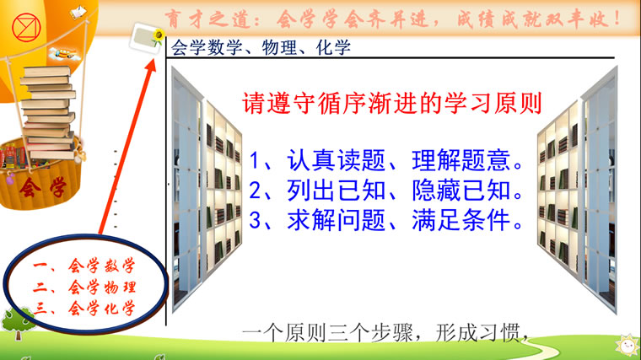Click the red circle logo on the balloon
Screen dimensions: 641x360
click(26, 28)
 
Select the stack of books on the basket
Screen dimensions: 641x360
click(49, 112)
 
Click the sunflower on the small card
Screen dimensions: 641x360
click(159, 35)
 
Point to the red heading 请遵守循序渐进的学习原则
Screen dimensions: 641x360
click(392, 103)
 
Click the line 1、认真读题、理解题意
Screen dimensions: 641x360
click(386, 160)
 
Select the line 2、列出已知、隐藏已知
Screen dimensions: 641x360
click(386, 191)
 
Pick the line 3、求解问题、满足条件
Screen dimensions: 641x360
click(386, 220)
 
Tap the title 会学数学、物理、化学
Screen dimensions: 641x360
click(261, 48)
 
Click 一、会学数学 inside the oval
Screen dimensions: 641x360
click(84, 266)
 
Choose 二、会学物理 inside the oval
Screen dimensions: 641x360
click(84, 287)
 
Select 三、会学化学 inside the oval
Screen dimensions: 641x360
click(84, 308)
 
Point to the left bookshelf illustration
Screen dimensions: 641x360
click(207, 189)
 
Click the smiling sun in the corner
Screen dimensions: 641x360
click(628, 347)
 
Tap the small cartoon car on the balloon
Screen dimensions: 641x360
click(63, 53)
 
